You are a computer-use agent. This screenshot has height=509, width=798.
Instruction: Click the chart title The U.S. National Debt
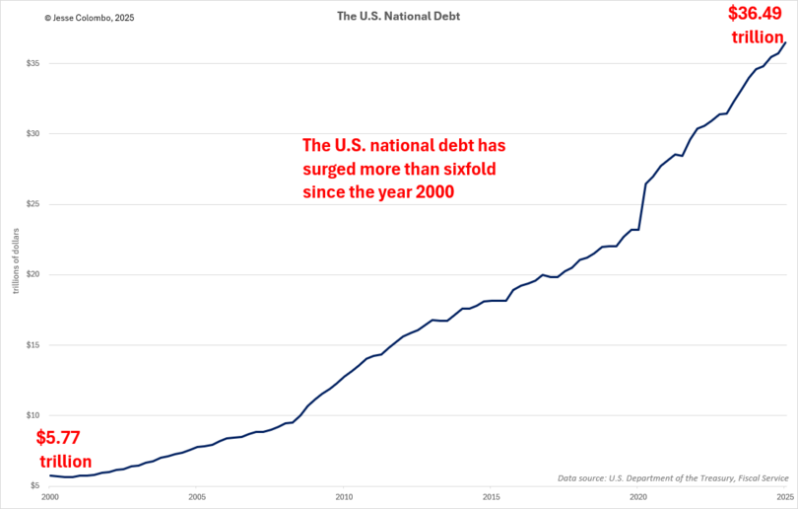tap(398, 16)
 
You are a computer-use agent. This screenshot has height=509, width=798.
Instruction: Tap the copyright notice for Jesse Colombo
tap(61, 17)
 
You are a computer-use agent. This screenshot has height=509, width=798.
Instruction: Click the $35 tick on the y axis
tap(33, 63)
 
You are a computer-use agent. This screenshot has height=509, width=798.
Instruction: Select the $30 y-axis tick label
tap(33, 134)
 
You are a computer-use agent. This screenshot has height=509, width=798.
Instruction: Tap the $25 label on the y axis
tap(33, 204)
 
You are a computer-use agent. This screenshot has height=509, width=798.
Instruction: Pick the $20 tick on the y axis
tap(33, 274)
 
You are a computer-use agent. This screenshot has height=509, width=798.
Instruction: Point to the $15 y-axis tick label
tap(33, 345)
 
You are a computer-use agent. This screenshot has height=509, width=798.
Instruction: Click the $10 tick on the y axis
tap(33, 415)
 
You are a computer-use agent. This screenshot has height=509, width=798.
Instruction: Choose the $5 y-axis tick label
tap(34, 485)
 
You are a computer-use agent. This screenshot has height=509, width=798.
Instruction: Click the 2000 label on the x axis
tap(50, 497)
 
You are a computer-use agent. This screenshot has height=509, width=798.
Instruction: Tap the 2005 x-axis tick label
tap(197, 497)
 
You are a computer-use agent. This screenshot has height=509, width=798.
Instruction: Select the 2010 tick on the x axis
tap(344, 497)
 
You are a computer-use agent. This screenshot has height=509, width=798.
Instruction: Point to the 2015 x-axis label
tap(491, 497)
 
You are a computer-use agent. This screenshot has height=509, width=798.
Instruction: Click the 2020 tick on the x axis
tap(637, 497)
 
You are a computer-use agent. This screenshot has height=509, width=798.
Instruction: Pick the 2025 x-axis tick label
tap(784, 497)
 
